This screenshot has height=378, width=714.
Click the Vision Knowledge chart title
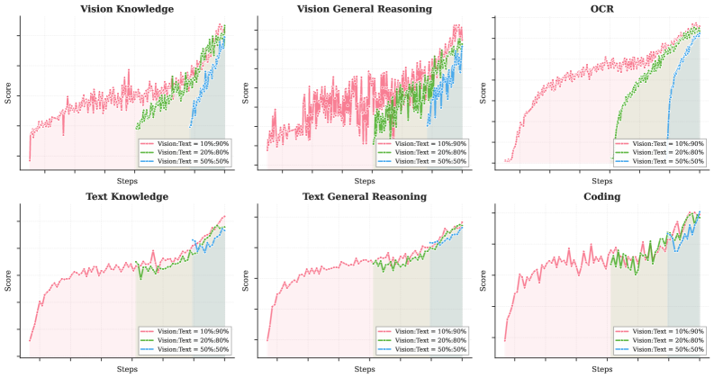[127, 9]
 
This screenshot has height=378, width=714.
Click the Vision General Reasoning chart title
[365, 9]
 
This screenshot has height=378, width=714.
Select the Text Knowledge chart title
[127, 196]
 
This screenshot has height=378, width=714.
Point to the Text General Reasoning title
[365, 196]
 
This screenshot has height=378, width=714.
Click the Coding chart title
[602, 196]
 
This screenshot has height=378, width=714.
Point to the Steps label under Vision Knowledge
[127, 181]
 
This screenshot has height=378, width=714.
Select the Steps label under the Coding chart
[602, 369]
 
